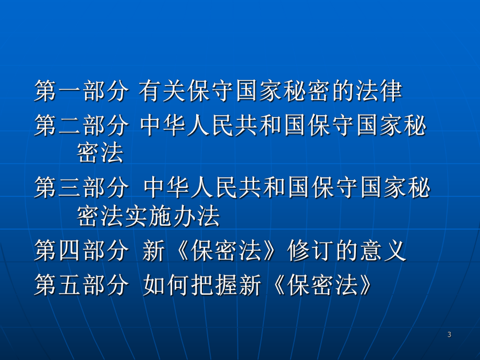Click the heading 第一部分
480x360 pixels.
click(81, 92)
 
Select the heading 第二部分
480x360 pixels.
click(81, 127)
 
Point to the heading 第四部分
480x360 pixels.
click(81, 252)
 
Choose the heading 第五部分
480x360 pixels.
click(81, 285)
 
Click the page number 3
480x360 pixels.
click(449, 334)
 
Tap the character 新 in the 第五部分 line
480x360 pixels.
click(248, 285)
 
